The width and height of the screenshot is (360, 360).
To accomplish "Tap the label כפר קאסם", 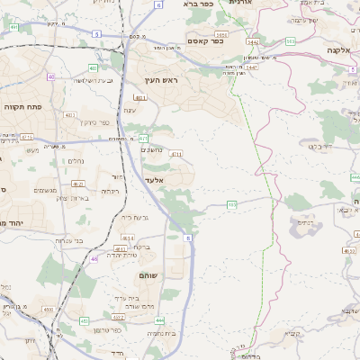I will coord(205,41).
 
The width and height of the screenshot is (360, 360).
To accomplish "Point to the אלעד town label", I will coord(154,181).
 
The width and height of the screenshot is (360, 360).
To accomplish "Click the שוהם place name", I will coord(150,275).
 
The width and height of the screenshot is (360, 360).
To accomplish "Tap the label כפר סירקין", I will coord(92,122).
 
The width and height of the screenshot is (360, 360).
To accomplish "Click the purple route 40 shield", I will coord(50,77).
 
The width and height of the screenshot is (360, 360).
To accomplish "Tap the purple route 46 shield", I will coord(94,258).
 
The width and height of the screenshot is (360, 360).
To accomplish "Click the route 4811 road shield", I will coord(120,247).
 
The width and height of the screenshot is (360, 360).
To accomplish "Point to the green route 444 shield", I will coord(159,319).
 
